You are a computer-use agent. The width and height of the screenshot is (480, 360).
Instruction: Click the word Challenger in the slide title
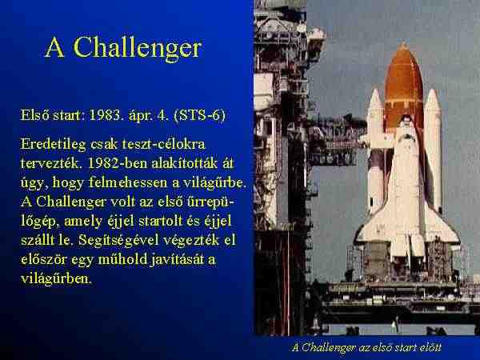click(138, 47)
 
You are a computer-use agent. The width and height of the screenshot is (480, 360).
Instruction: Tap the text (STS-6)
click(199, 115)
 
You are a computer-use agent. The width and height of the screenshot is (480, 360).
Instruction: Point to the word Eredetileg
click(54, 145)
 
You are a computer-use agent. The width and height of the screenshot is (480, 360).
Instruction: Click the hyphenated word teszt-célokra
click(163, 144)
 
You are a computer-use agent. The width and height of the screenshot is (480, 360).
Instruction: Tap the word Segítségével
click(118, 241)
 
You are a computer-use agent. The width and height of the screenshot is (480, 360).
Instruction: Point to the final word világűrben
click(56, 279)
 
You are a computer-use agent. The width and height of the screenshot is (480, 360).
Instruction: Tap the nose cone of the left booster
click(375, 97)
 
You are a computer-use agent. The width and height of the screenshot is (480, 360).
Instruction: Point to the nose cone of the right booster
click(432, 97)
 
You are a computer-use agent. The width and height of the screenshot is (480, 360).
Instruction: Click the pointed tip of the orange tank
click(403, 43)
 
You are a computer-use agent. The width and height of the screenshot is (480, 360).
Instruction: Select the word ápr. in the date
click(140, 116)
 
